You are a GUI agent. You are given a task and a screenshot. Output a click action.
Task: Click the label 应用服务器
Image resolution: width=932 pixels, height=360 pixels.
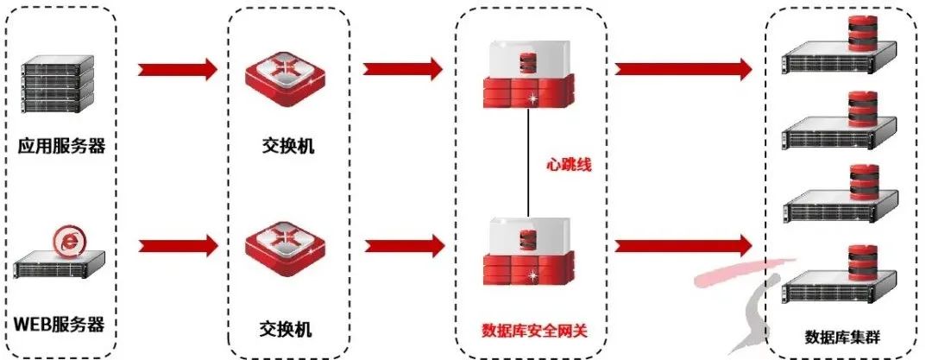pyautogui.click(x=61, y=146)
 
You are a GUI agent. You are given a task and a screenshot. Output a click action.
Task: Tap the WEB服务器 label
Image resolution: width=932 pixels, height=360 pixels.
pyautogui.click(x=60, y=326)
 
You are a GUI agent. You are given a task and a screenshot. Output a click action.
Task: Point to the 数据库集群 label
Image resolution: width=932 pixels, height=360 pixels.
pyautogui.click(x=837, y=336)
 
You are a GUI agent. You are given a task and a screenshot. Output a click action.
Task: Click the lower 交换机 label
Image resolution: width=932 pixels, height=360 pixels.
pyautogui.click(x=287, y=330)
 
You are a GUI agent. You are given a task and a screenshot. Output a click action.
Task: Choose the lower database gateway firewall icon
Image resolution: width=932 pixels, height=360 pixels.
pyautogui.click(x=527, y=252)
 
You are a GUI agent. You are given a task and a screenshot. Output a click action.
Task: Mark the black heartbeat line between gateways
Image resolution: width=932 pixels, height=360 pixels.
pyautogui.click(x=528, y=164)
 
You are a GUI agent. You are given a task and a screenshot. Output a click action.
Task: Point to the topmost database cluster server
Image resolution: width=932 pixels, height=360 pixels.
pyautogui.click(x=833, y=52)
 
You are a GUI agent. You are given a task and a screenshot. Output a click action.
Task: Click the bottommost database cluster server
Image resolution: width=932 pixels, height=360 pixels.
pyautogui.click(x=833, y=278)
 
